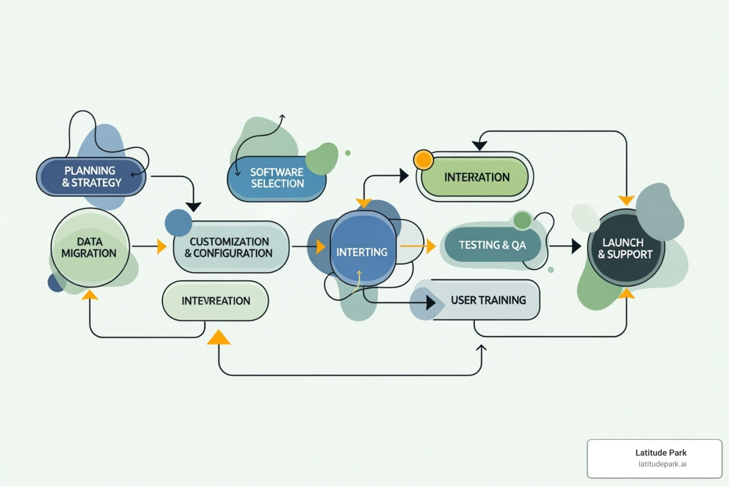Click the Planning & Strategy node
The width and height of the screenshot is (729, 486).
click(x=91, y=177)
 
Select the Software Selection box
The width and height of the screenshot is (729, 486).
click(x=277, y=178)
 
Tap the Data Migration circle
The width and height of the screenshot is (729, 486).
click(x=90, y=247)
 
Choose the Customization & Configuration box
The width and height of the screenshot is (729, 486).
click(x=231, y=247)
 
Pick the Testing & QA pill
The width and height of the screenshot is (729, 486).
click(x=492, y=245)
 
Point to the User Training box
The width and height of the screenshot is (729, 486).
click(x=488, y=300)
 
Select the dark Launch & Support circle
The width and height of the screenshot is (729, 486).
click(x=625, y=248)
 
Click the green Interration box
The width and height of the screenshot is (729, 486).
click(x=476, y=177)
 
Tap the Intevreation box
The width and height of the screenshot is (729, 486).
click(x=215, y=301)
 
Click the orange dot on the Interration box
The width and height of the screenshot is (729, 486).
click(x=423, y=159)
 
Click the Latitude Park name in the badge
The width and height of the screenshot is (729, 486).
click(x=661, y=453)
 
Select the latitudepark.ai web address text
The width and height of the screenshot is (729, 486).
click(x=662, y=464)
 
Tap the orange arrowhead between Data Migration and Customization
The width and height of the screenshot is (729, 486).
click(x=162, y=246)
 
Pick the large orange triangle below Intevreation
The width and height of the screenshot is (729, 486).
click(x=219, y=337)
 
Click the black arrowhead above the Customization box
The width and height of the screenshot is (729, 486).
click(x=193, y=206)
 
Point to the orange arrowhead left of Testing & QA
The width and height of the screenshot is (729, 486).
click(x=431, y=246)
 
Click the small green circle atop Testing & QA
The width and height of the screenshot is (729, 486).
click(x=522, y=220)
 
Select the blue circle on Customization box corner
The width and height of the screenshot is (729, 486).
click(x=178, y=223)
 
